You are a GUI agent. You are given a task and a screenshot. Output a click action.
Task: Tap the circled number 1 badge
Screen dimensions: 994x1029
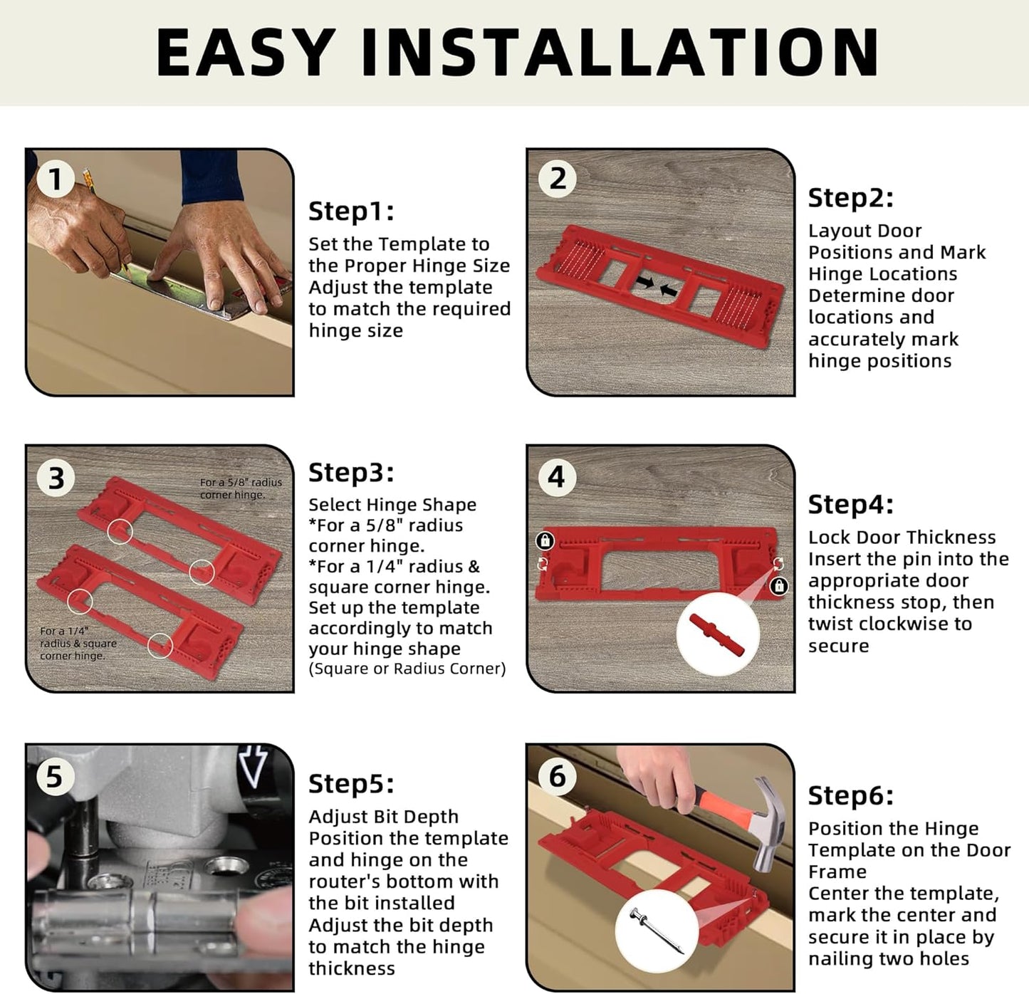56,179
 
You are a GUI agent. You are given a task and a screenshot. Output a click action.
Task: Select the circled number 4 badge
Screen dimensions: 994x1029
557,476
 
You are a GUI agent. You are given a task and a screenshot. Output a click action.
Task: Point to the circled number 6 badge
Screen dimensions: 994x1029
557,775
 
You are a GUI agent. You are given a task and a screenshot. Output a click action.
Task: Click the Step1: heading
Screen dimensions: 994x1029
351,211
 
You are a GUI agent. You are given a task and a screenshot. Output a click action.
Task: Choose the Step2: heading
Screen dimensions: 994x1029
850,198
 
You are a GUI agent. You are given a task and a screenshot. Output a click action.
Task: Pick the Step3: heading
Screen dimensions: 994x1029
351,472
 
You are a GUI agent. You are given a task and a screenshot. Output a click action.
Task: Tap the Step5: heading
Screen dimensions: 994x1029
351,784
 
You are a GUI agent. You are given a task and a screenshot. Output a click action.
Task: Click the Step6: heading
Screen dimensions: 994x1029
850,796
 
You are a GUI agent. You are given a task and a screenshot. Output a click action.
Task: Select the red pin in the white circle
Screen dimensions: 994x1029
716,634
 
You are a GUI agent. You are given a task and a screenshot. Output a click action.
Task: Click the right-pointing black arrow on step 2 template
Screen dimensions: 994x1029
645,283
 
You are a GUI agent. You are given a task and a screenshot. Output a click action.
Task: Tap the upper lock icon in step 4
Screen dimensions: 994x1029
545,540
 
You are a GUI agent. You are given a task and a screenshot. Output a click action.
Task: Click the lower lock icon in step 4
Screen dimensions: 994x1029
779,586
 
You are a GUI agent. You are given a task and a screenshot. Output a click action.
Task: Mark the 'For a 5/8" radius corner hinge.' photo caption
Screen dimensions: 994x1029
240,488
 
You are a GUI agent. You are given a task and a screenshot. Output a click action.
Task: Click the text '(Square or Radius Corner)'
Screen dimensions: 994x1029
407,669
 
